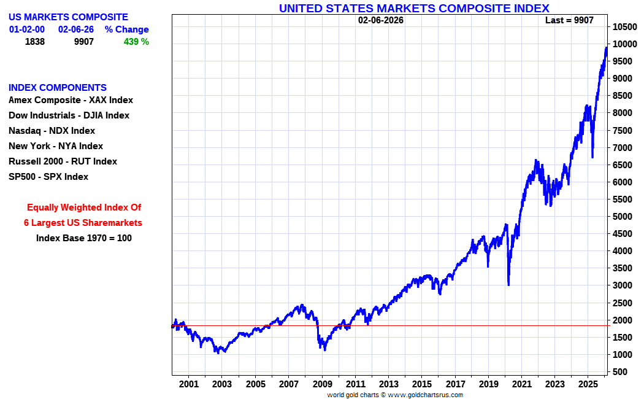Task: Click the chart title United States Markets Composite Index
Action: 414,8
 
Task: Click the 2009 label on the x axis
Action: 322,384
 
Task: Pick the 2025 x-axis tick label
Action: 588,384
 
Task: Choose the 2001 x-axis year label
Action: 189,384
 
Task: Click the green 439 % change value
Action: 136,42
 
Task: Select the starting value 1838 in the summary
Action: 36,42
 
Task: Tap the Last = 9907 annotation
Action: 569,20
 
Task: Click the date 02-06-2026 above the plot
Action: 381,20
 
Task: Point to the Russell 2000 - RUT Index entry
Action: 63,161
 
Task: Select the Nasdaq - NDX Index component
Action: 52,131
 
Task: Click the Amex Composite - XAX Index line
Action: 71,100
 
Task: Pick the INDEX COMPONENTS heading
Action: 58,87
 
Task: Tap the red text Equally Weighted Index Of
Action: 84,207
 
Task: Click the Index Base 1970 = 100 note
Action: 84,238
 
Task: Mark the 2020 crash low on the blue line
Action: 508,284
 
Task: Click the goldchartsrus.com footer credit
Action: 394,395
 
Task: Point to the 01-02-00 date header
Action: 27,29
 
